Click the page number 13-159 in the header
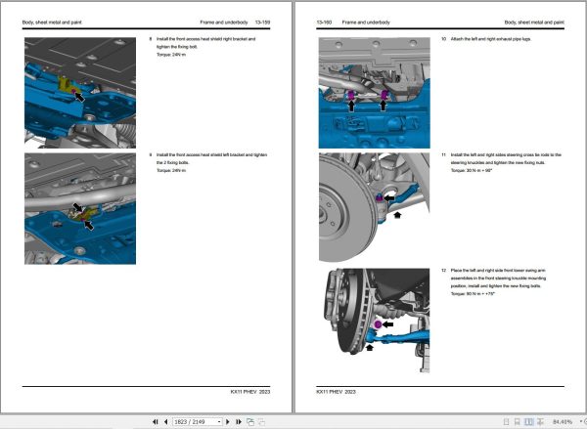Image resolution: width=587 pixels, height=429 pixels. pos(263,21)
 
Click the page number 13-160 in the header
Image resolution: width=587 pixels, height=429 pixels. pos(326,21)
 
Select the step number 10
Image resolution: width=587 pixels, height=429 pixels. pos(443,39)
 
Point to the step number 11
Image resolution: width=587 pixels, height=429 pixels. pos(443,154)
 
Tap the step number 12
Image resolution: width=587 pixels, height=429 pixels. pos(443,269)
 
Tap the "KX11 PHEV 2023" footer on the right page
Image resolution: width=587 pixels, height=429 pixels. pos(336,391)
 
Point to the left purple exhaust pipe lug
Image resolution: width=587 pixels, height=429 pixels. pos(352,96)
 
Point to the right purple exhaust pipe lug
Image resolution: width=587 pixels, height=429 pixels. pos(384,96)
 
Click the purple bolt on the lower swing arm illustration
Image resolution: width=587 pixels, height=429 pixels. pos(378,323)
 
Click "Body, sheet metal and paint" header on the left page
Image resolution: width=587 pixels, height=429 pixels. pos(56,21)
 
